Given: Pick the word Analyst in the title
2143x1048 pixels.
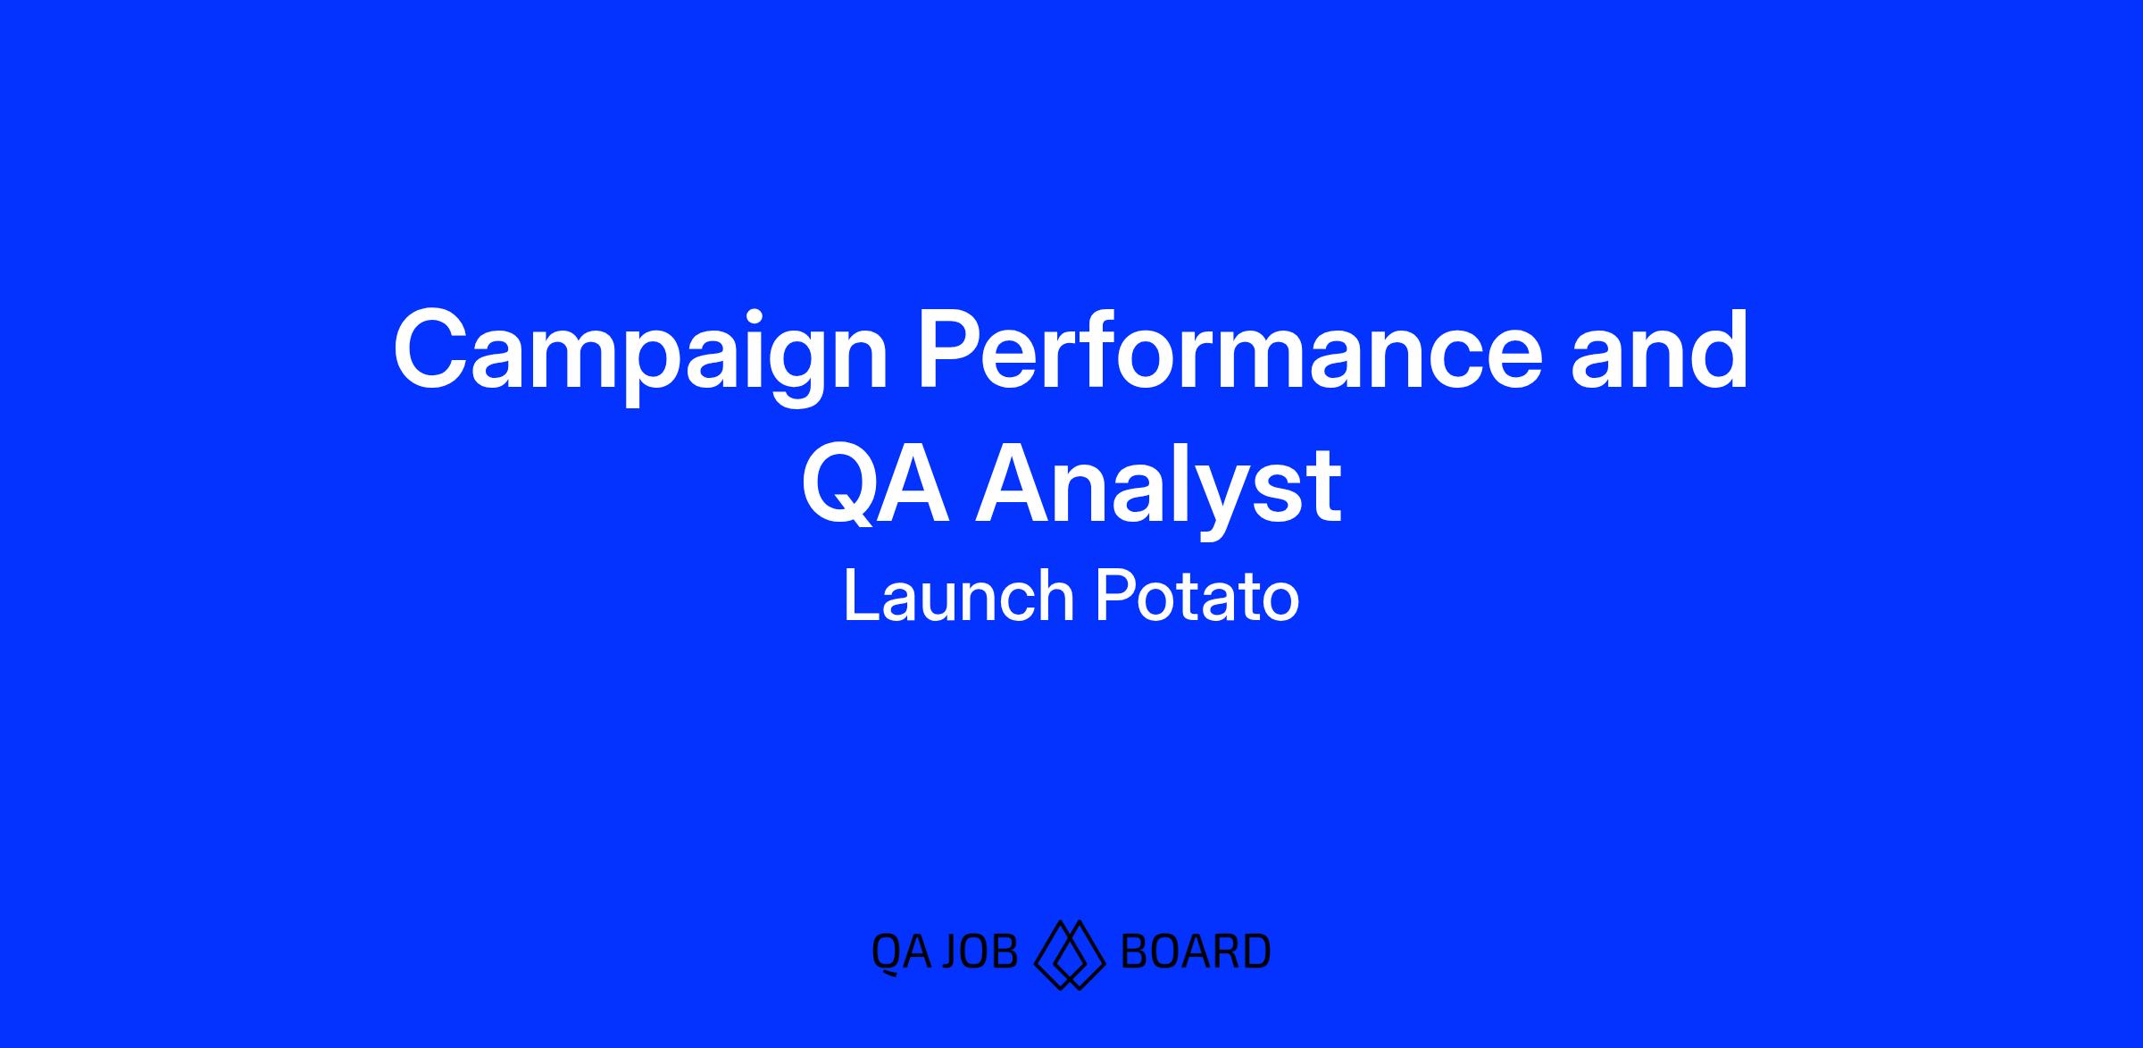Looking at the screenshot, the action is coord(1158,491).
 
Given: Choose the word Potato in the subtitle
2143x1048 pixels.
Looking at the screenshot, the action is coord(1197,596).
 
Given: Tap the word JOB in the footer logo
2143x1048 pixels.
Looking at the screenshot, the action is coord(980,952).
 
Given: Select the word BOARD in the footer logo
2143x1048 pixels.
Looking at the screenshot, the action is coord(1195,952).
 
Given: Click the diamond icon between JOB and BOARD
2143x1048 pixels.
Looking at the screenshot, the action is coord(1069,954).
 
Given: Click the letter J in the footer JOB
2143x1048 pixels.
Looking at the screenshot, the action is coord(952,952).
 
